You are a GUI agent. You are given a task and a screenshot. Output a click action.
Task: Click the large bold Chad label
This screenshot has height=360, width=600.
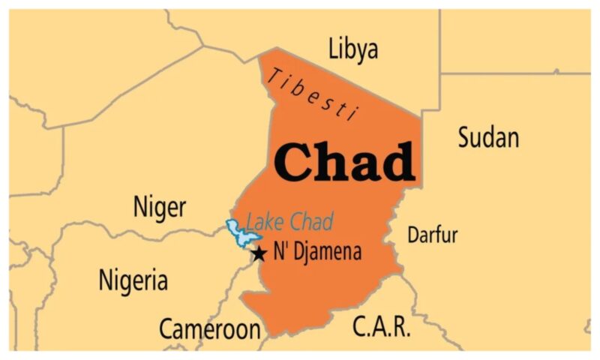tap(344, 161)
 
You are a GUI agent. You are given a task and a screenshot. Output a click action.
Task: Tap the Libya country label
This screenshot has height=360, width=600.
tap(353, 49)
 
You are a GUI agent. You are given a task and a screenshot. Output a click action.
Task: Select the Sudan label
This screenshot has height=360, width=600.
tap(487, 137)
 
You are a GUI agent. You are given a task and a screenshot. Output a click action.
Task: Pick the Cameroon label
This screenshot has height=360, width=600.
tap(209, 328)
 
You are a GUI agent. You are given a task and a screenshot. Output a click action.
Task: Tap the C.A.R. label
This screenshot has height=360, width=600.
tap(381, 327)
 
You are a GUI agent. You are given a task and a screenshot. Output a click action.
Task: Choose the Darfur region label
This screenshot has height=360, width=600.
tap(432, 235)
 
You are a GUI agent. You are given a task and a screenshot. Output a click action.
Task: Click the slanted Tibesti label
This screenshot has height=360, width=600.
tap(312, 91)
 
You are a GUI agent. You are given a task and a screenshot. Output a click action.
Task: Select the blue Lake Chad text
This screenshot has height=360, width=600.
tap(289, 222)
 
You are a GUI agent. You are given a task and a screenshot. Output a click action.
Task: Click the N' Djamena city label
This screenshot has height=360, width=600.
tap(317, 252)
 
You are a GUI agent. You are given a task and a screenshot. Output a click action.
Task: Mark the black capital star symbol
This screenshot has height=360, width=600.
tap(259, 253)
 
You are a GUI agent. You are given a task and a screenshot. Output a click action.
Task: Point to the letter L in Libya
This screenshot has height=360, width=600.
tap(334, 49)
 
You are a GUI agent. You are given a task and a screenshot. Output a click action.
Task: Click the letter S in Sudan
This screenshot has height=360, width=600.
tap(463, 137)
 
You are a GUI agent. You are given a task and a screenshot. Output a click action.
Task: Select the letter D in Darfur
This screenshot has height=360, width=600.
tap(412, 235)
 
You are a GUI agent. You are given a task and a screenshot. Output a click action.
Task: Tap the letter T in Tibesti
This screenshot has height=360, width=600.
tap(276, 73)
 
